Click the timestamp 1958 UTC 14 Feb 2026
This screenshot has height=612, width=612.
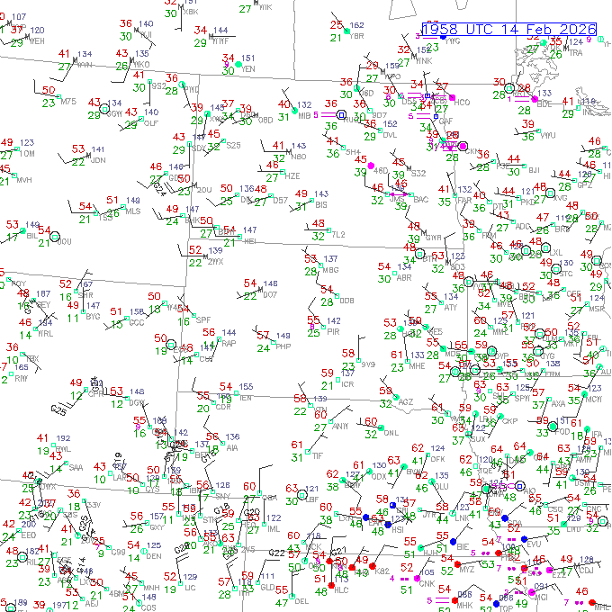513,29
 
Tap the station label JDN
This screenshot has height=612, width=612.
98,160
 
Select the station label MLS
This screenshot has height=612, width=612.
132,211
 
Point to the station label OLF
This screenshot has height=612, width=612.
151,122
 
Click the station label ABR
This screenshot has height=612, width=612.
404,278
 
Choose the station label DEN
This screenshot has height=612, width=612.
154,556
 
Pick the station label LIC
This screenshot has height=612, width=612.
190,587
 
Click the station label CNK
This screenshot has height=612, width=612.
427,584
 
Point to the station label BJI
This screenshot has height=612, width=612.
534,170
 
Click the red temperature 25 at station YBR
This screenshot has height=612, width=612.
337,24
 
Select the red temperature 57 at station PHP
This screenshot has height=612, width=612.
263,335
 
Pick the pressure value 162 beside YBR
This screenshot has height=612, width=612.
357,25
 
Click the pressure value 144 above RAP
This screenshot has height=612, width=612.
229,332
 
